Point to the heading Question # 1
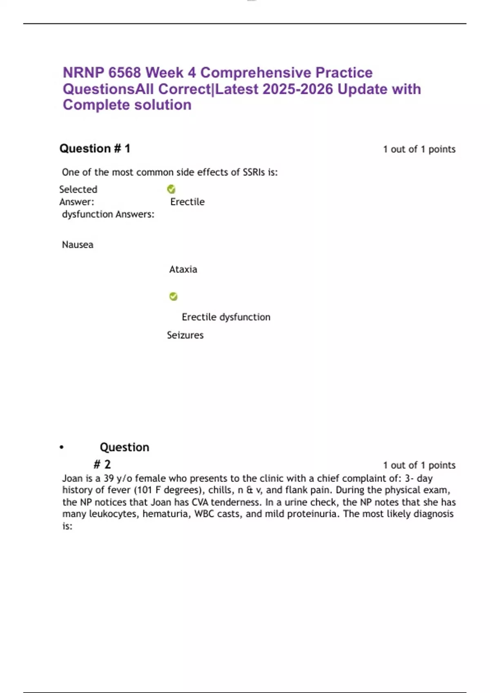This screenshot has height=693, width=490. (95, 148)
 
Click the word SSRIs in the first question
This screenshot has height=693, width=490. (254, 172)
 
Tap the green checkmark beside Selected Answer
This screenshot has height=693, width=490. (171, 189)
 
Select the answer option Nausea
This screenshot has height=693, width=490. (78, 245)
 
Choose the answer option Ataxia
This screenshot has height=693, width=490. (183, 269)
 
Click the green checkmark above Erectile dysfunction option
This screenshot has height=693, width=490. (174, 296)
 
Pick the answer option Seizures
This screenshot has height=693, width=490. (185, 335)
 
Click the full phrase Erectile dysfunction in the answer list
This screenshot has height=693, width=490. (226, 317)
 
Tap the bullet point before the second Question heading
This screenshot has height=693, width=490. (62, 448)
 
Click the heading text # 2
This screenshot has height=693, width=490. (102, 464)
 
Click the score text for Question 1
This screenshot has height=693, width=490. (419, 149)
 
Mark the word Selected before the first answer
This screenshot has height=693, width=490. (78, 190)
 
